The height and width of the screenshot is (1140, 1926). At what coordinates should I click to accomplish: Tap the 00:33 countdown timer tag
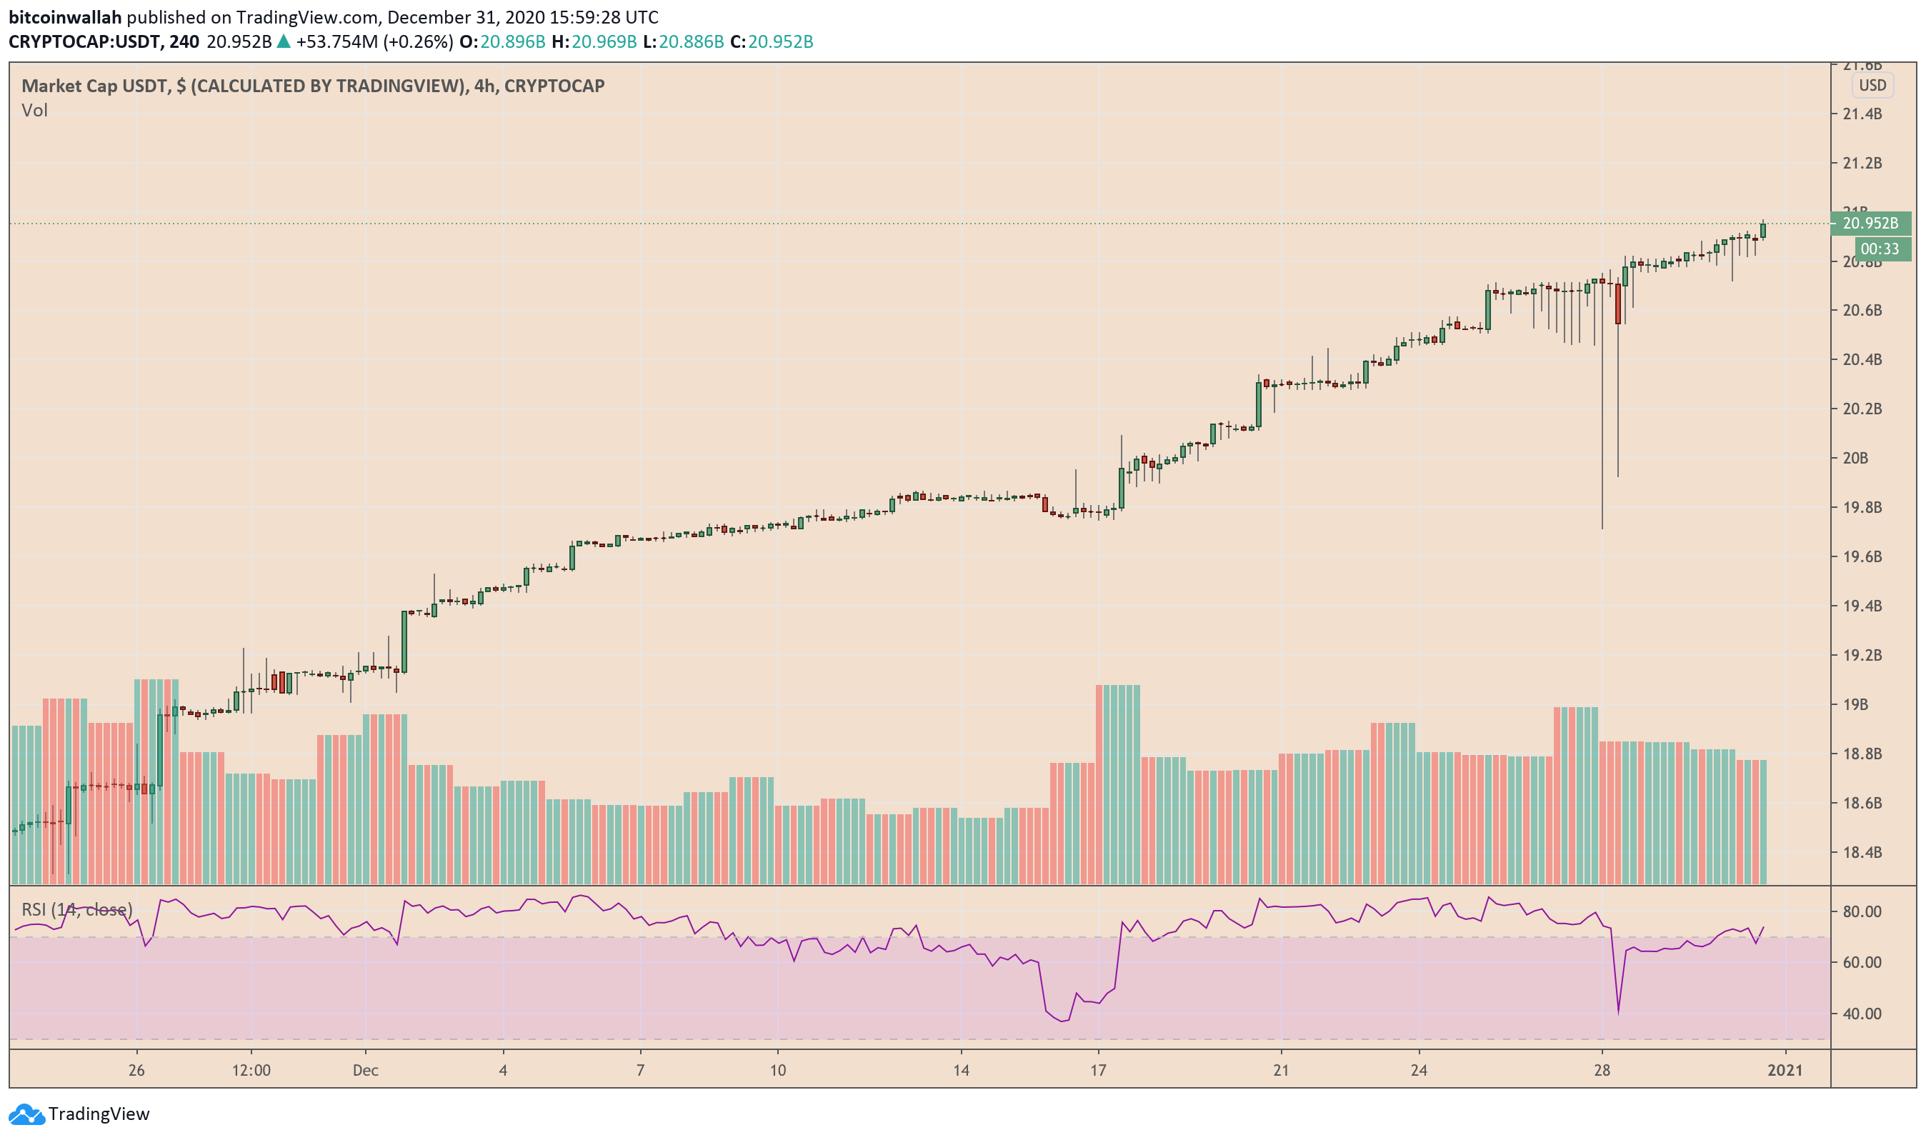tap(1879, 249)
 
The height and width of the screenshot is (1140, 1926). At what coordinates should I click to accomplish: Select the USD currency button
tap(1872, 85)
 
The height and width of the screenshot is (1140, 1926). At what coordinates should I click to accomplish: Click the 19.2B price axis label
tap(1862, 655)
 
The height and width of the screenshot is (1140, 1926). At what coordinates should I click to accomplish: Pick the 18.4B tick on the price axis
tap(1862, 852)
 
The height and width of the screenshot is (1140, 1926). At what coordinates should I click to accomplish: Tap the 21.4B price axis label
tap(1862, 114)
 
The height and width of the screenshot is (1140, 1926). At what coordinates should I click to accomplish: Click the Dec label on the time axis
tap(366, 1070)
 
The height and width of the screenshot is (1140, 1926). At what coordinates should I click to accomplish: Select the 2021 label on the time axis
tap(1784, 1070)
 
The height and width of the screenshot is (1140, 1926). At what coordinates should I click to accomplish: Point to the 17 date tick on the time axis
tap(1098, 1070)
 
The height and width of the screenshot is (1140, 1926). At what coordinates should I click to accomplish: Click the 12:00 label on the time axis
tap(251, 1070)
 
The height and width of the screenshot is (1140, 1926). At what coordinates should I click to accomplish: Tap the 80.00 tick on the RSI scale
tap(1862, 912)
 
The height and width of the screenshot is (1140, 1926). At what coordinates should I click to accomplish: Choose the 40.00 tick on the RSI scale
tap(1862, 1014)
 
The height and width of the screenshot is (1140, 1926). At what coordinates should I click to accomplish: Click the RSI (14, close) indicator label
tap(77, 909)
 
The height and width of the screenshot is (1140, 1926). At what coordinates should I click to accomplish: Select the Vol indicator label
tap(34, 111)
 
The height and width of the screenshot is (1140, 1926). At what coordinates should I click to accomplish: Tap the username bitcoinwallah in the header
tap(65, 17)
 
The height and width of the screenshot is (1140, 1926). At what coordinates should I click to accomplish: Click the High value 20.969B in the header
tap(604, 41)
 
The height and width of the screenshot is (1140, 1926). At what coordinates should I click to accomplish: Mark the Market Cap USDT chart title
tap(313, 85)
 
